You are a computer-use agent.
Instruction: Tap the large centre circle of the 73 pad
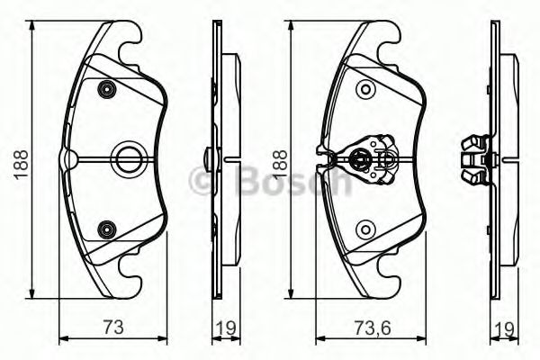pos(125,159)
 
